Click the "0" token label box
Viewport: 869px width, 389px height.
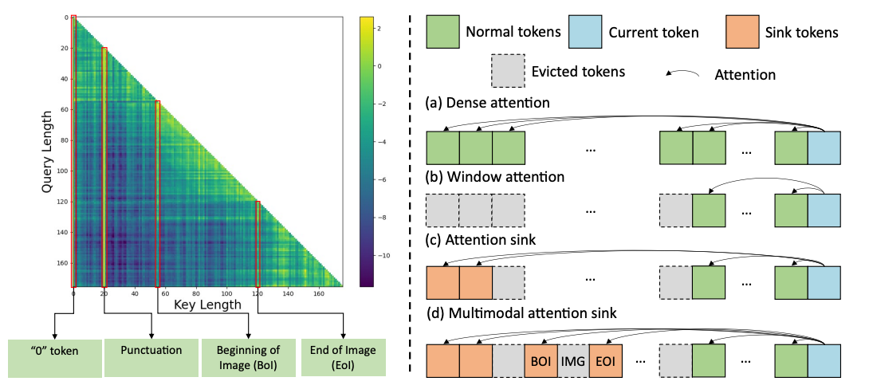pyautogui.click(x=54, y=357)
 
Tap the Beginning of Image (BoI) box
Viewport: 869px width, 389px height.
pyautogui.click(x=250, y=357)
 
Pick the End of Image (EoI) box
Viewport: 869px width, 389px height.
pyautogui.click(x=344, y=357)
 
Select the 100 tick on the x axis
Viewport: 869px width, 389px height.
pyautogui.click(x=227, y=293)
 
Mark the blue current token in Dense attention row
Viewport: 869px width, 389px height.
pyautogui.click(x=824, y=148)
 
